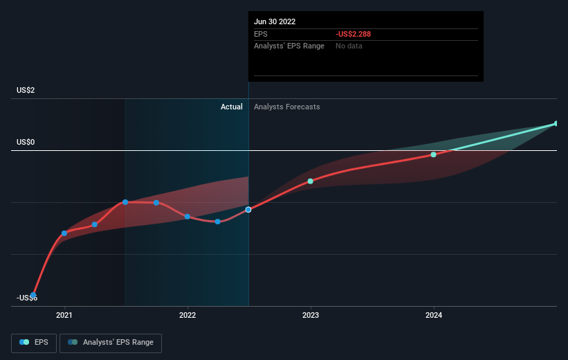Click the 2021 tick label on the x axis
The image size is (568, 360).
coord(64,315)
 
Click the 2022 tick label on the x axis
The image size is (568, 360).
coord(187,315)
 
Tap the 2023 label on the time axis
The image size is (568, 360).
coord(311,315)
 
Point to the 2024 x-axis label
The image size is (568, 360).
coord(434,315)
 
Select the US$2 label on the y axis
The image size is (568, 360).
coord(26,90)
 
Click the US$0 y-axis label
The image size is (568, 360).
coord(26,142)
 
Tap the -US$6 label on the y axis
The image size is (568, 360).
coord(27,298)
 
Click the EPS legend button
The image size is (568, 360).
coord(34,343)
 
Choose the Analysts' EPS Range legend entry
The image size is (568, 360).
coord(111,343)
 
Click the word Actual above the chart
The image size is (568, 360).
coord(232,107)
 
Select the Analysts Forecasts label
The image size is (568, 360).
coord(287,107)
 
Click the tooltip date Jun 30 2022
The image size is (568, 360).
coord(275,21)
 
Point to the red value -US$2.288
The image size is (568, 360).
coord(354,34)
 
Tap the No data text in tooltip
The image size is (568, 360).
coord(349,46)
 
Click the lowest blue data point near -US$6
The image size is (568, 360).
coord(33,295)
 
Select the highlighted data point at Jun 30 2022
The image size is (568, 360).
coord(248,210)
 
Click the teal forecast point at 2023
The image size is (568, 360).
coord(311,181)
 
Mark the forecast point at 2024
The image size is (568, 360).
coord(434,155)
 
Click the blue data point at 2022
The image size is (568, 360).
coord(187,217)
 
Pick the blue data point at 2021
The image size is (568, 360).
coord(64,233)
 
